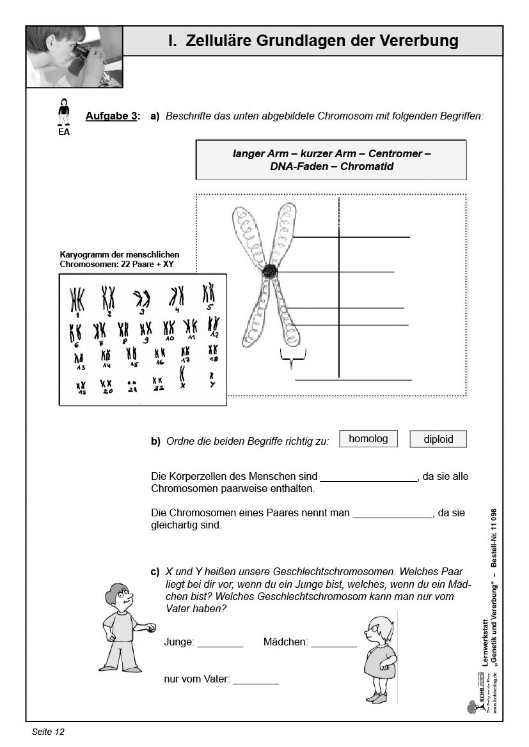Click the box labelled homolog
[368, 438]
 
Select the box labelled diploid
[438, 439]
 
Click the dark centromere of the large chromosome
[269, 271]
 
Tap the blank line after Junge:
[220, 642]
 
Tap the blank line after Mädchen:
[333, 642]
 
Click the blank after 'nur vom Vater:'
[256, 680]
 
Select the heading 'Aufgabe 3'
[111, 116]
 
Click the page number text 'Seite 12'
[49, 731]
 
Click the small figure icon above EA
[63, 112]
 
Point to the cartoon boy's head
[120, 597]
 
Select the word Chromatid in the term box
[367, 167]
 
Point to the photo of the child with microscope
[74, 56]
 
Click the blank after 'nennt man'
[393, 512]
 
